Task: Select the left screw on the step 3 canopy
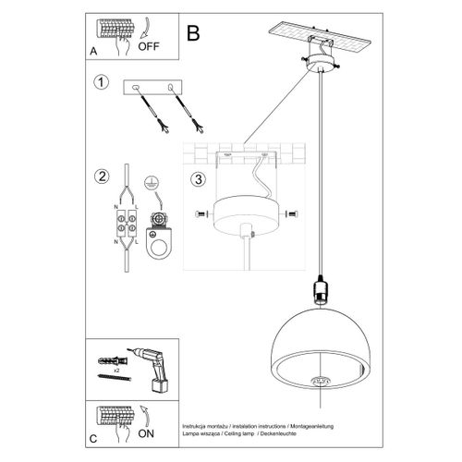[203, 214]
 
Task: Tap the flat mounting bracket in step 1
[154, 87]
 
